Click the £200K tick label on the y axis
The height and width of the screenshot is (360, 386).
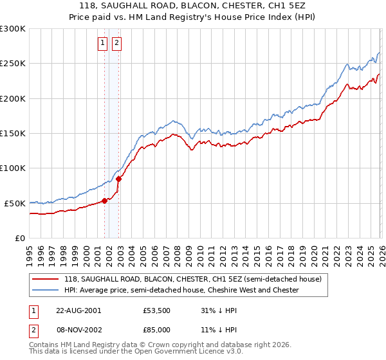[13, 98]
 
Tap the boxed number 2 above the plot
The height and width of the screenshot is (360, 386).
[116, 44]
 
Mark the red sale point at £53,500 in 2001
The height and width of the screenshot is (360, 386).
[105, 201]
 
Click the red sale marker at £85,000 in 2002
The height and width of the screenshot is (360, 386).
[118, 179]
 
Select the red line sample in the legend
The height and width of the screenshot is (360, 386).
[45, 279]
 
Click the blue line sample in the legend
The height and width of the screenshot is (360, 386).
[45, 290]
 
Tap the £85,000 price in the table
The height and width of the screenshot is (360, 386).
[157, 329]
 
